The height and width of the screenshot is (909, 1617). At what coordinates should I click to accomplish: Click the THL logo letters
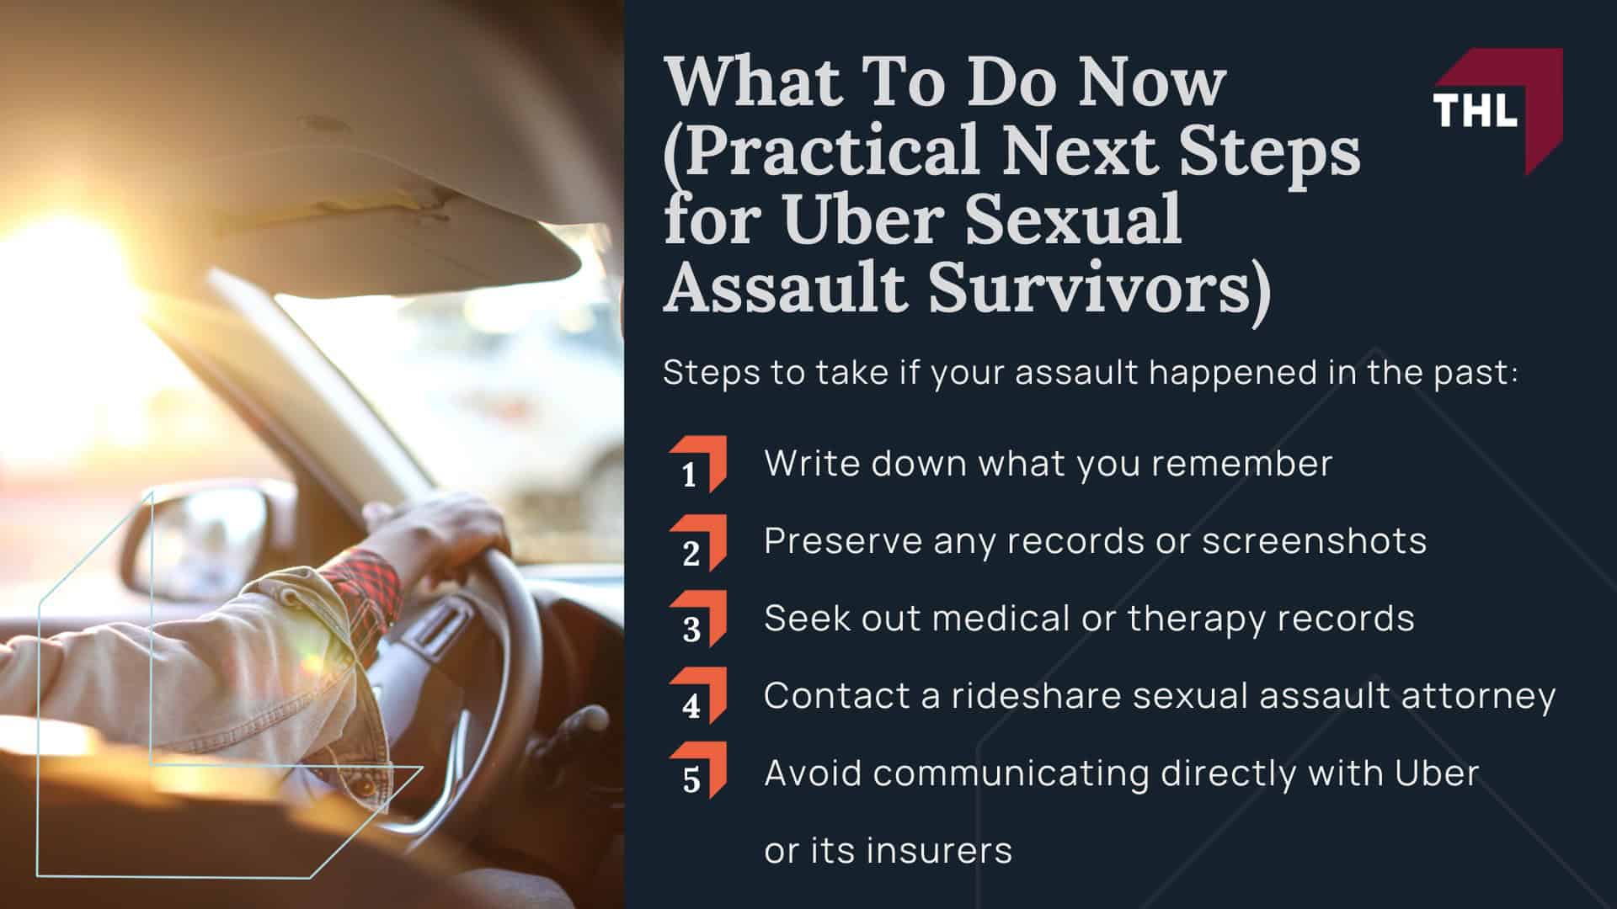click(1475, 110)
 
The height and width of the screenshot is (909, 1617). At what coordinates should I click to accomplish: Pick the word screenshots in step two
click(1314, 541)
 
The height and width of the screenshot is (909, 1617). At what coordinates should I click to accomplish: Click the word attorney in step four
click(1477, 697)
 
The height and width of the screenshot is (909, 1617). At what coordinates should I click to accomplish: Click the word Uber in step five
click(1437, 773)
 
